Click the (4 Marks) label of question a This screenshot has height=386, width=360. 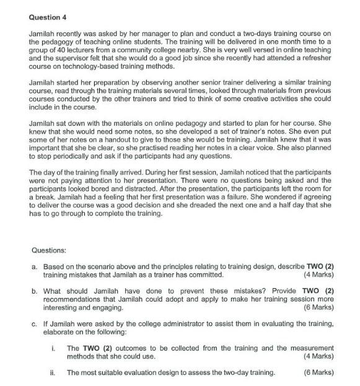click(x=318, y=274)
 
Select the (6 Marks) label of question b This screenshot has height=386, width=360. click(x=318, y=307)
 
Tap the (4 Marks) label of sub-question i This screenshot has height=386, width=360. click(x=318, y=356)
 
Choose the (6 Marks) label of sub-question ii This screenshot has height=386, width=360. click(x=318, y=372)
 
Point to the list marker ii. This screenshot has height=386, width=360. click(x=54, y=372)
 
